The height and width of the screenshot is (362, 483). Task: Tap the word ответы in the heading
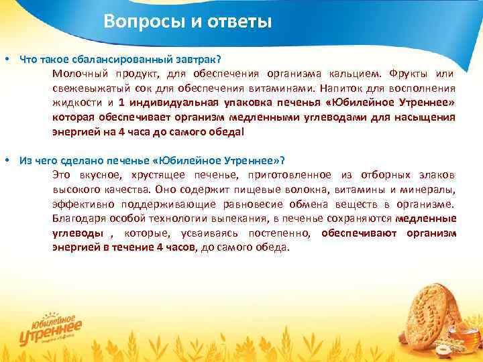235,22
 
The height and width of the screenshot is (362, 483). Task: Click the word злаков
439,175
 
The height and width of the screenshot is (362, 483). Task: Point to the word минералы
430,190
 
